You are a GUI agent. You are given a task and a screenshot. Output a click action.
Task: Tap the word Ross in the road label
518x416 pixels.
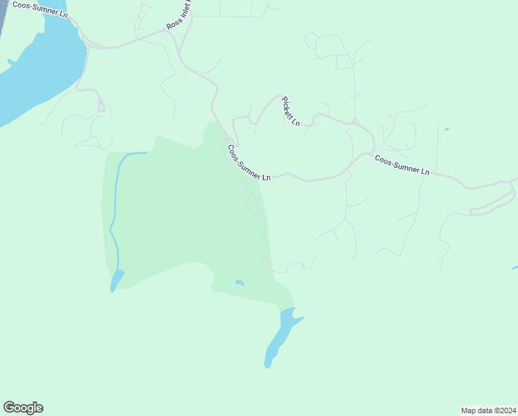tap(172, 25)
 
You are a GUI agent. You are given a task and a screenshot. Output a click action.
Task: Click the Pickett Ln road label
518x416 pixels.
tap(291, 111)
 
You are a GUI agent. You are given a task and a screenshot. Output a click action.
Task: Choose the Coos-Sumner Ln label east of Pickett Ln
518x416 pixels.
tap(402, 164)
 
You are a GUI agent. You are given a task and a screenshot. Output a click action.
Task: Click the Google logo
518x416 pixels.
tap(23, 408)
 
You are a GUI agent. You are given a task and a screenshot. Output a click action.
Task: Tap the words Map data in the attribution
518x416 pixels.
tap(476, 410)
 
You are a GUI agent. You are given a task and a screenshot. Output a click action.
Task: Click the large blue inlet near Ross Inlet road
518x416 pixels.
tap(42, 69)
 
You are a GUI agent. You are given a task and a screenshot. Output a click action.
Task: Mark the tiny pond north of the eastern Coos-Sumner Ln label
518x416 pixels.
tap(447, 129)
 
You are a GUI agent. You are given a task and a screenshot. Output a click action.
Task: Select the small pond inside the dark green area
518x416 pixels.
tap(239, 283)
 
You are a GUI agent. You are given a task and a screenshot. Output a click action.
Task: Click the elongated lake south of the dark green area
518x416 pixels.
tap(280, 336)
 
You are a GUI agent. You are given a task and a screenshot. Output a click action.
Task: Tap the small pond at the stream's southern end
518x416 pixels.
tap(116, 281)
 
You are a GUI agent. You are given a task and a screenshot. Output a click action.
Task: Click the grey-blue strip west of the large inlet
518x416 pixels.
tap(2, 17)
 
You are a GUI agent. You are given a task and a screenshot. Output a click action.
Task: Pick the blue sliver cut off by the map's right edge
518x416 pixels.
tap(515, 268)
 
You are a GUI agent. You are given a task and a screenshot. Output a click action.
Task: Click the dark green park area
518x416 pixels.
tap(180, 208)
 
